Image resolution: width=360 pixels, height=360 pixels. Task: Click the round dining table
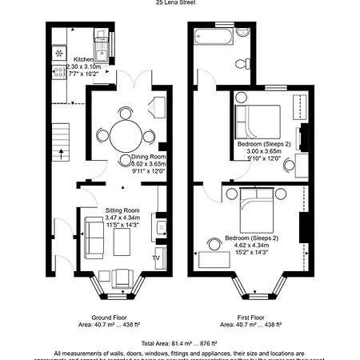124,132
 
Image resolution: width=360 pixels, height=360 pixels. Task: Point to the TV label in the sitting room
157,258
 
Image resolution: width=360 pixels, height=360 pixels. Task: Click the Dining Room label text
148,156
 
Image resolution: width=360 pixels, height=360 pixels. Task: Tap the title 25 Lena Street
180,2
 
